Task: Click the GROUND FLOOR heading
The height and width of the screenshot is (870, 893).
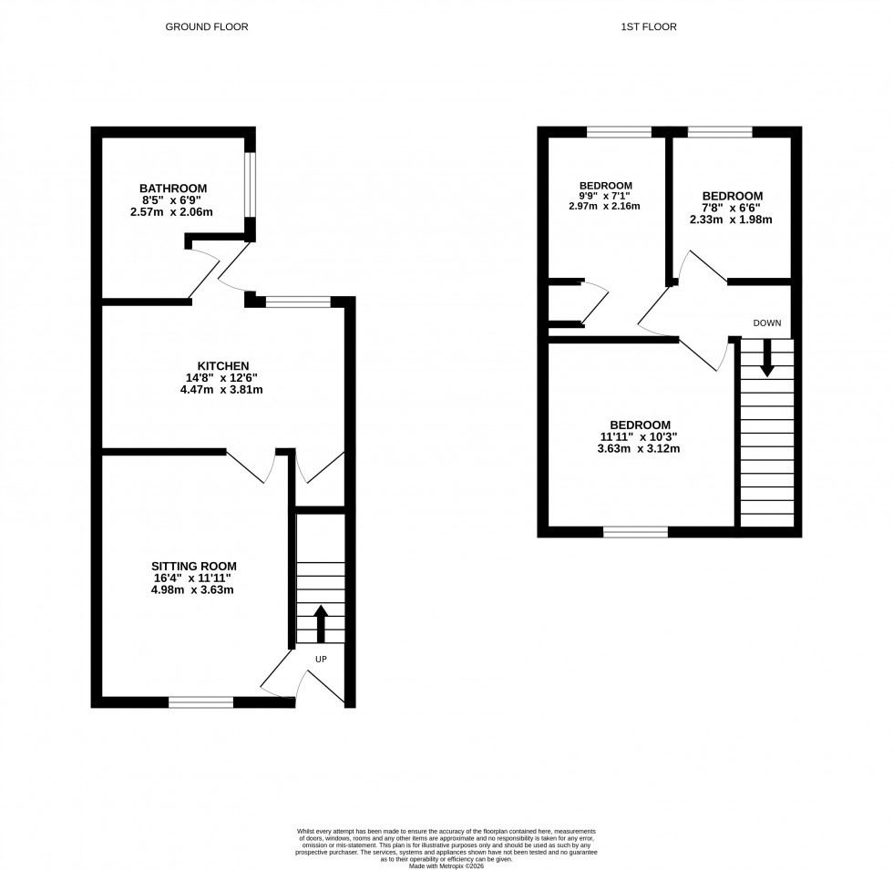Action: click(x=206, y=27)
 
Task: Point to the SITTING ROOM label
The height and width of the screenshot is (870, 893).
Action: click(x=200, y=564)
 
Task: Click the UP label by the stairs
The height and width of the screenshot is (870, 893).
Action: click(x=321, y=659)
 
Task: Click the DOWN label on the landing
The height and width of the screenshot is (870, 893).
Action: click(x=766, y=322)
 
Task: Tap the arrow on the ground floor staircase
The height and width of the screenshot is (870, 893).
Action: click(x=321, y=624)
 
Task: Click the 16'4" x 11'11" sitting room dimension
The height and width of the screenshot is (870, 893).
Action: click(x=200, y=577)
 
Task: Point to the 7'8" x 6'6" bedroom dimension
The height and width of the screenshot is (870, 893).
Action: click(x=732, y=208)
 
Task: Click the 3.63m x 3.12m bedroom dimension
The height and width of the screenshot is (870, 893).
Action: click(x=640, y=448)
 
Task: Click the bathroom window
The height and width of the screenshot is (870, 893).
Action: click(x=250, y=185)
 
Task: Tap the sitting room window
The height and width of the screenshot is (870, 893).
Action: click(x=200, y=701)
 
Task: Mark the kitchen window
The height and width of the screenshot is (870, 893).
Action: click(x=298, y=302)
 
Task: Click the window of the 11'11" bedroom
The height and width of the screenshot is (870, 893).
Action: click(x=635, y=531)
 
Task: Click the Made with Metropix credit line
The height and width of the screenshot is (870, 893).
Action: click(x=446, y=865)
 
